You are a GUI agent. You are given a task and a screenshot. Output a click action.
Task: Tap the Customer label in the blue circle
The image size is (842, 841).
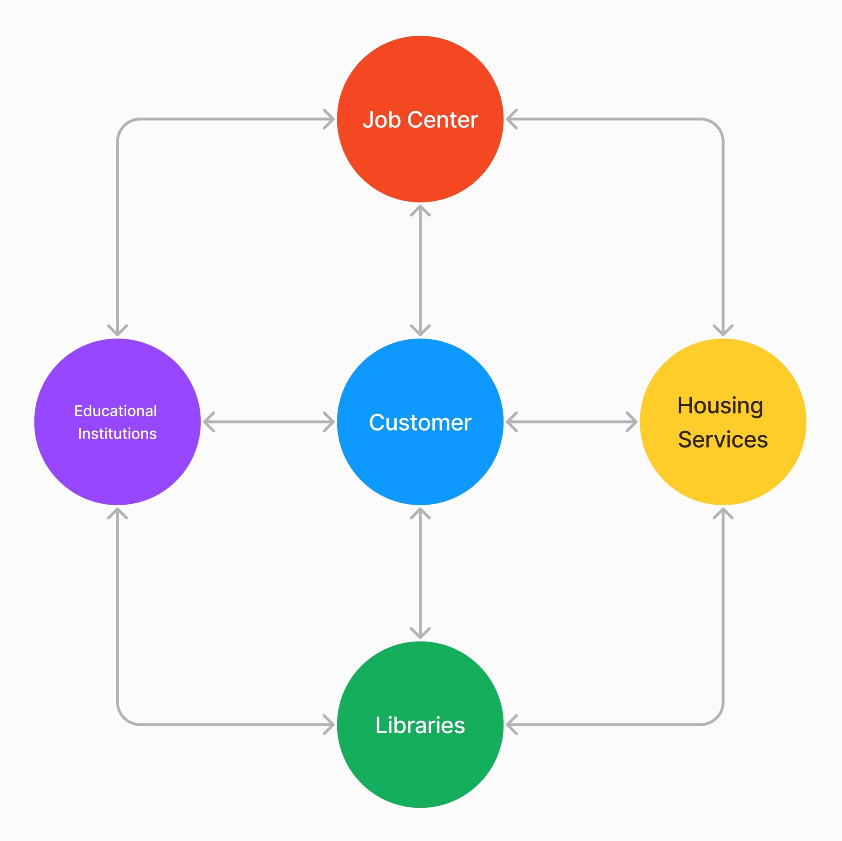(420, 422)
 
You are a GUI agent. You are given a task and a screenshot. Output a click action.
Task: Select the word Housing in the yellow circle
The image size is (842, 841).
(720, 405)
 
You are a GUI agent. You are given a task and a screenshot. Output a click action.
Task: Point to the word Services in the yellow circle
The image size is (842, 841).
(722, 439)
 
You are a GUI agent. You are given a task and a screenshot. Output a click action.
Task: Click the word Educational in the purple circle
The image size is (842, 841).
(115, 411)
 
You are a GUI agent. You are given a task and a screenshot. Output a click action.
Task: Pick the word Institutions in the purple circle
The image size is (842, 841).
(117, 434)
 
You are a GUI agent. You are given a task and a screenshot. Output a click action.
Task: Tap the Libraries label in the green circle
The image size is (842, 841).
(420, 725)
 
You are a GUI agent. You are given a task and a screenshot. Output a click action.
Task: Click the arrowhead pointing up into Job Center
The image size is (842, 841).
(420, 210)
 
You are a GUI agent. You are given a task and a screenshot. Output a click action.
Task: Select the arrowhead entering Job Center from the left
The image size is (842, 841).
(330, 119)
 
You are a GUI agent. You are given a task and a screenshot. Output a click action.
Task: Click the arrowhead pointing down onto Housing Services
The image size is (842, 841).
(723, 331)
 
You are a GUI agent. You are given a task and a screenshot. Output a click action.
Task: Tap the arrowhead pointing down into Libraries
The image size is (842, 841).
(420, 633)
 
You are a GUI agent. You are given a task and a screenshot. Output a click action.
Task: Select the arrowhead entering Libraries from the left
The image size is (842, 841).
(330, 725)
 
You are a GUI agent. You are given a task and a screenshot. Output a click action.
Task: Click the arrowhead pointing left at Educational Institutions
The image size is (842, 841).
(208, 422)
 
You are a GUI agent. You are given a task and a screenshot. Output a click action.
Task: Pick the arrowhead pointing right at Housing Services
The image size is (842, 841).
(632, 422)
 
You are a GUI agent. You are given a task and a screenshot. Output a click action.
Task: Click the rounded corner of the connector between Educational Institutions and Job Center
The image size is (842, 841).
(125, 126)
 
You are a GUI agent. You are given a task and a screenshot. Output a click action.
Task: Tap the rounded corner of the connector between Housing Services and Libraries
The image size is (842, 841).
(716, 718)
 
